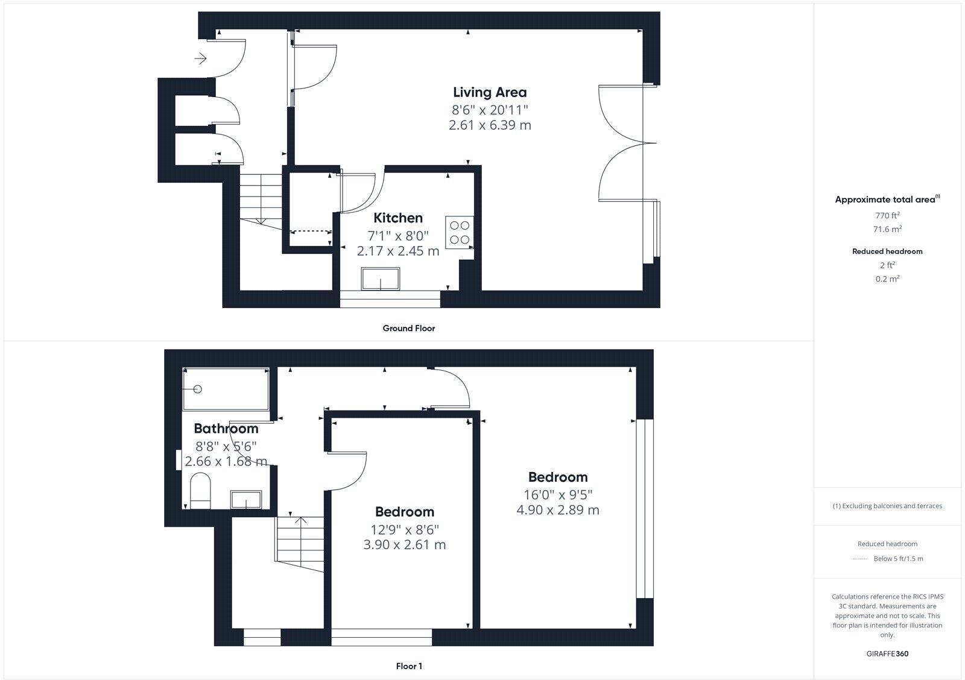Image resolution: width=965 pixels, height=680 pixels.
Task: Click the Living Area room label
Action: tap(490, 92)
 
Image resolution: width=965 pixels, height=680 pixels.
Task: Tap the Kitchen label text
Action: tap(398, 218)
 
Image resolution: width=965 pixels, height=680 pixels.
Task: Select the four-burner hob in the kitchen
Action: tap(460, 233)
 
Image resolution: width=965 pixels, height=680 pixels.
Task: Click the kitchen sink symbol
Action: tap(381, 280)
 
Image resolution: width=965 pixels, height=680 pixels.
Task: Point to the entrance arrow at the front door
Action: tap(201, 58)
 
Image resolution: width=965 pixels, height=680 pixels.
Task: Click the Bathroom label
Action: tap(226, 429)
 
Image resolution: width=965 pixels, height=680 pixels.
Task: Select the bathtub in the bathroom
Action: tap(226, 389)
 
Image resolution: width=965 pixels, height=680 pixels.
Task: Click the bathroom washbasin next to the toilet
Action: tap(246, 500)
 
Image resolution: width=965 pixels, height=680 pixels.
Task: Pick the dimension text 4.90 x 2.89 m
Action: tap(558, 510)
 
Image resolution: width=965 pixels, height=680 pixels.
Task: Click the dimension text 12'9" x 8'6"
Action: tap(405, 529)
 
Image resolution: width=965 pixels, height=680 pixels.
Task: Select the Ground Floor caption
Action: tap(408, 329)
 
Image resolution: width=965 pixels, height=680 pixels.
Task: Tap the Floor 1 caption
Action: tap(409, 666)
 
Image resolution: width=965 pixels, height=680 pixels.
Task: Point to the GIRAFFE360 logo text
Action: tap(887, 653)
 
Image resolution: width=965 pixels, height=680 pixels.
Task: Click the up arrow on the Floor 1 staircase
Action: tap(300, 520)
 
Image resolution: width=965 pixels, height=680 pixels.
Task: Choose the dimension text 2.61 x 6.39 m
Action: tap(490, 125)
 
